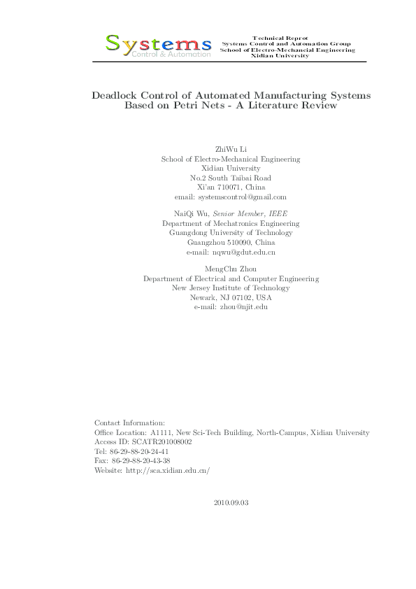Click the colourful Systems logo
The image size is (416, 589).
pos(158,45)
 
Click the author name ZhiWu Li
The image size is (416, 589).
pos(231,150)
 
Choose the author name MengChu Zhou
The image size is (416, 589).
pos(231,269)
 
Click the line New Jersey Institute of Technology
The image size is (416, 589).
pos(231,288)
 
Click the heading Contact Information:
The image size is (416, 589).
pos(129,423)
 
